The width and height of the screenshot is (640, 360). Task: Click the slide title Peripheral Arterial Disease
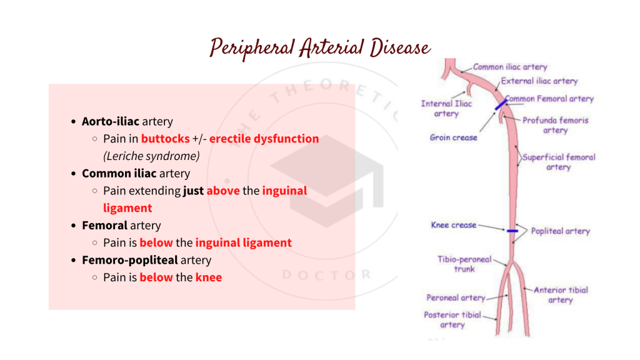click(319, 47)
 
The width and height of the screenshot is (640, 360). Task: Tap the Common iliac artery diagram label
click(509, 67)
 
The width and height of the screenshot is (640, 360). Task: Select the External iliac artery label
click(539, 81)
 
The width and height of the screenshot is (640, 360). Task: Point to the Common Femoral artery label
click(549, 99)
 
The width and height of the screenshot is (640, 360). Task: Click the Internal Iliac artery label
click(446, 109)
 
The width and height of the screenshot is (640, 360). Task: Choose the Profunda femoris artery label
click(555, 125)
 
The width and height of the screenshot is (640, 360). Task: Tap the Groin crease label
click(453, 137)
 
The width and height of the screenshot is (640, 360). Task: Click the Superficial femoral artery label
click(559, 162)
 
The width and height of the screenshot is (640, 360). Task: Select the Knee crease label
click(453, 225)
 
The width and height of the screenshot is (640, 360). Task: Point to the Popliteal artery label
click(560, 231)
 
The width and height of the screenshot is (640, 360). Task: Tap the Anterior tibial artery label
click(561, 295)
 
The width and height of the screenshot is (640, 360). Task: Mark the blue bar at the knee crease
click(512, 231)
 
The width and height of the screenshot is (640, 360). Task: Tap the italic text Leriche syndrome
click(151, 156)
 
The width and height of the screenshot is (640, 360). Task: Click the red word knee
click(208, 277)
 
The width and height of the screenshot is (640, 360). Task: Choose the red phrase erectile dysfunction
click(264, 139)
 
